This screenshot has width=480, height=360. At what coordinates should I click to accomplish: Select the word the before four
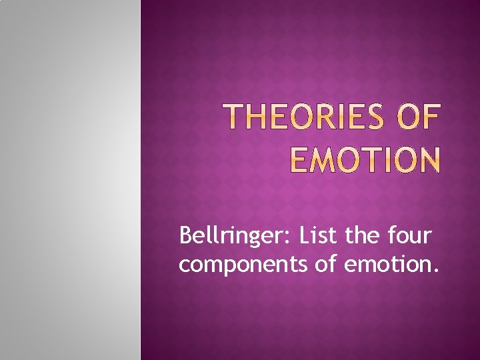(363, 235)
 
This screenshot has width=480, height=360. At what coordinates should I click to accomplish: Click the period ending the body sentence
(437, 271)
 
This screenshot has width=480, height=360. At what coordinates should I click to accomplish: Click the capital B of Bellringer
(186, 235)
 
